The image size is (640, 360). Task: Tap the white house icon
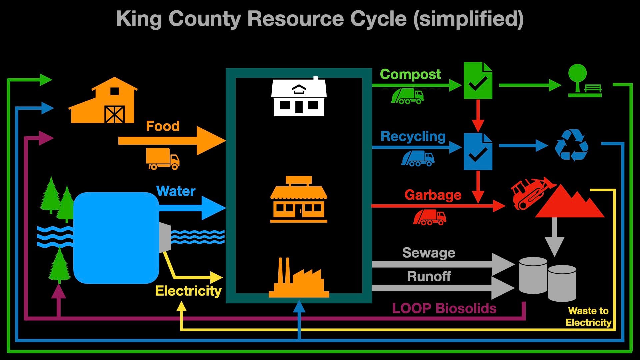pos(299,97)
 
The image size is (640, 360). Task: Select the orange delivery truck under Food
pos(162,159)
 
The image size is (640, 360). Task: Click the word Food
pos(163,126)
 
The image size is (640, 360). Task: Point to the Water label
pos(176,191)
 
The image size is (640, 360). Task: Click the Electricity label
pos(188,291)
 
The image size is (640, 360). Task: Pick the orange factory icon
pos(299,279)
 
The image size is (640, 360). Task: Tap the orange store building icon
pos(299,200)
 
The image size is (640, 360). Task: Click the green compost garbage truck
pos(407,96)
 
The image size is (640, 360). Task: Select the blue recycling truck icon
pos(418,158)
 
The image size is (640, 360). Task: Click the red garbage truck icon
pos(429,217)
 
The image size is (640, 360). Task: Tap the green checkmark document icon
pos(478,81)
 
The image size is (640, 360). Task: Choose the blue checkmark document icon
pos(478,152)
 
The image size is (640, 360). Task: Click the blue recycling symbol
pos(571,145)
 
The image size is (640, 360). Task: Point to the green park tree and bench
pos(584,81)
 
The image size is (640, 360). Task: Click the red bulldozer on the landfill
pos(530,193)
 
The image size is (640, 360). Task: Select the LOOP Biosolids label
pos(444,308)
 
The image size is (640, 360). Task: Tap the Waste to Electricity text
pos(588,317)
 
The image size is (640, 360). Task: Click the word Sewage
pos(429,253)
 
